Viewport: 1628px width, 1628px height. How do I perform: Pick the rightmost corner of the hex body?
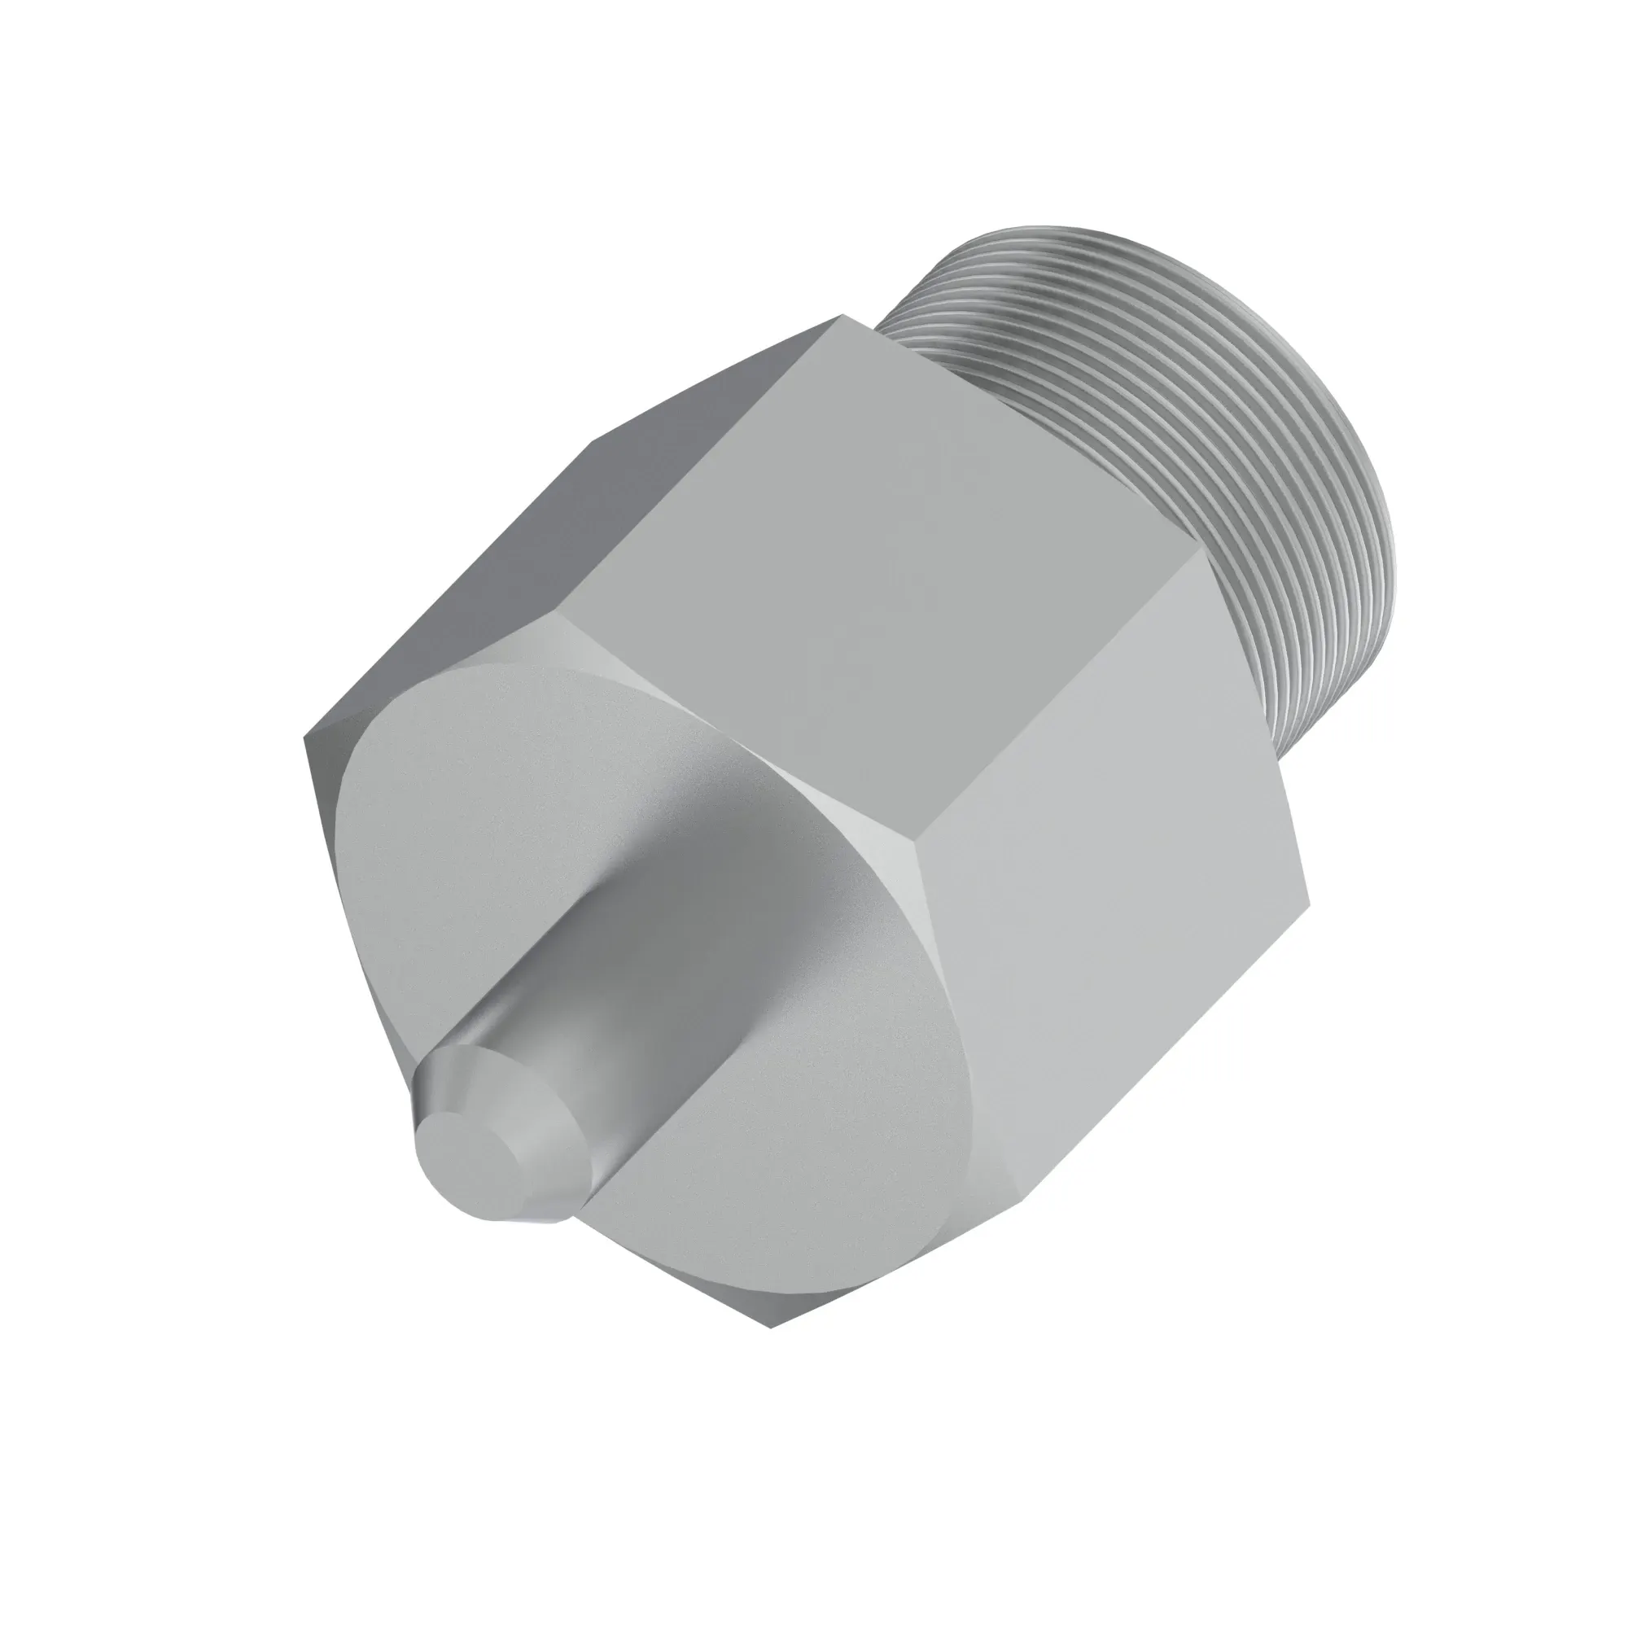point(1311,895)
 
